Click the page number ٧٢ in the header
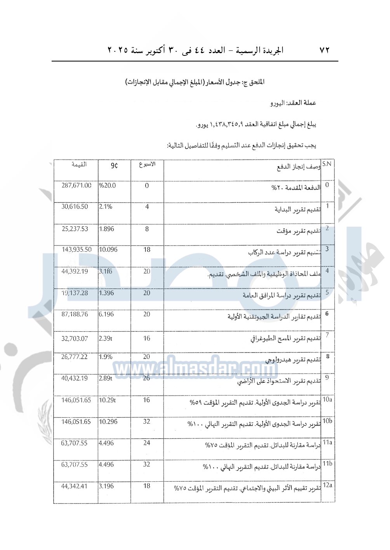[324, 50]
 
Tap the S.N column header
[327, 164]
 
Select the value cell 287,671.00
[77, 185]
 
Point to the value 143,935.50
[77, 250]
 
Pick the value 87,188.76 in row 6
[75, 314]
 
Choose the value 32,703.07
[75, 339]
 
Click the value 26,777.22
[74, 357]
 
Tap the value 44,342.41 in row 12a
[74, 486]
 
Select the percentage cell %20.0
[107, 185]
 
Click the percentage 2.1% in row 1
[106, 207]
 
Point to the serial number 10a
[327, 399]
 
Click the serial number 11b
[327, 464]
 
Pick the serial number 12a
[327, 485]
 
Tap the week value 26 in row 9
[146, 378]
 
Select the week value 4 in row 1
[147, 207]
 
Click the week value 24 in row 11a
[146, 443]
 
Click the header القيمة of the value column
[79, 164]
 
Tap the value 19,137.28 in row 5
[75, 293]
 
